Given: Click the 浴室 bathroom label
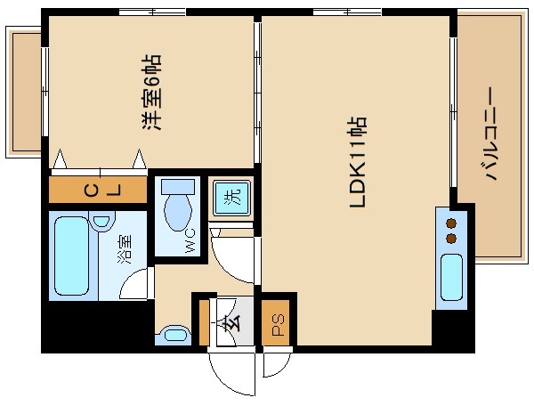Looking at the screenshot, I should (125, 249).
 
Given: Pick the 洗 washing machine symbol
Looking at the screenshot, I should (231, 198).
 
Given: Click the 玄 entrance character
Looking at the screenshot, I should (231, 321).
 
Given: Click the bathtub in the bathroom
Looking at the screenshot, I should (73, 256).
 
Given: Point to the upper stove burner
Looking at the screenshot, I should (452, 223).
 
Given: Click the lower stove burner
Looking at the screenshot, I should (452, 239).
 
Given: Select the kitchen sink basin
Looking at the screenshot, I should (452, 275).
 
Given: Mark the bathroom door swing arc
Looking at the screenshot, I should (134, 284).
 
